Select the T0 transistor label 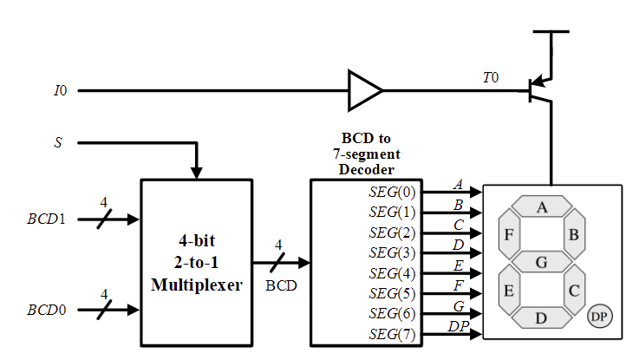(x=491, y=78)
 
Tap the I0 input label (x=60, y=90)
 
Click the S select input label (x=58, y=141)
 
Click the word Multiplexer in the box (x=197, y=284)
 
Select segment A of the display (x=542, y=207)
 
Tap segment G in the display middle (x=542, y=261)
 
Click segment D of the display (x=542, y=317)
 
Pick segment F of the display (x=509, y=234)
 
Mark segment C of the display (x=574, y=289)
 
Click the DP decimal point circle (x=598, y=317)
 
